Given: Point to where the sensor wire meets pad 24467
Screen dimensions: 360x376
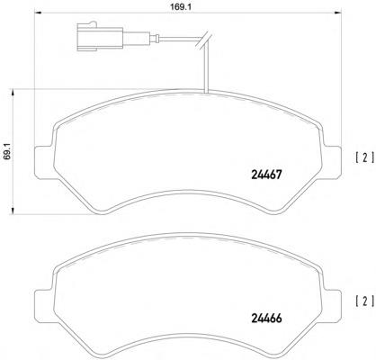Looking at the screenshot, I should coord(206,93).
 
